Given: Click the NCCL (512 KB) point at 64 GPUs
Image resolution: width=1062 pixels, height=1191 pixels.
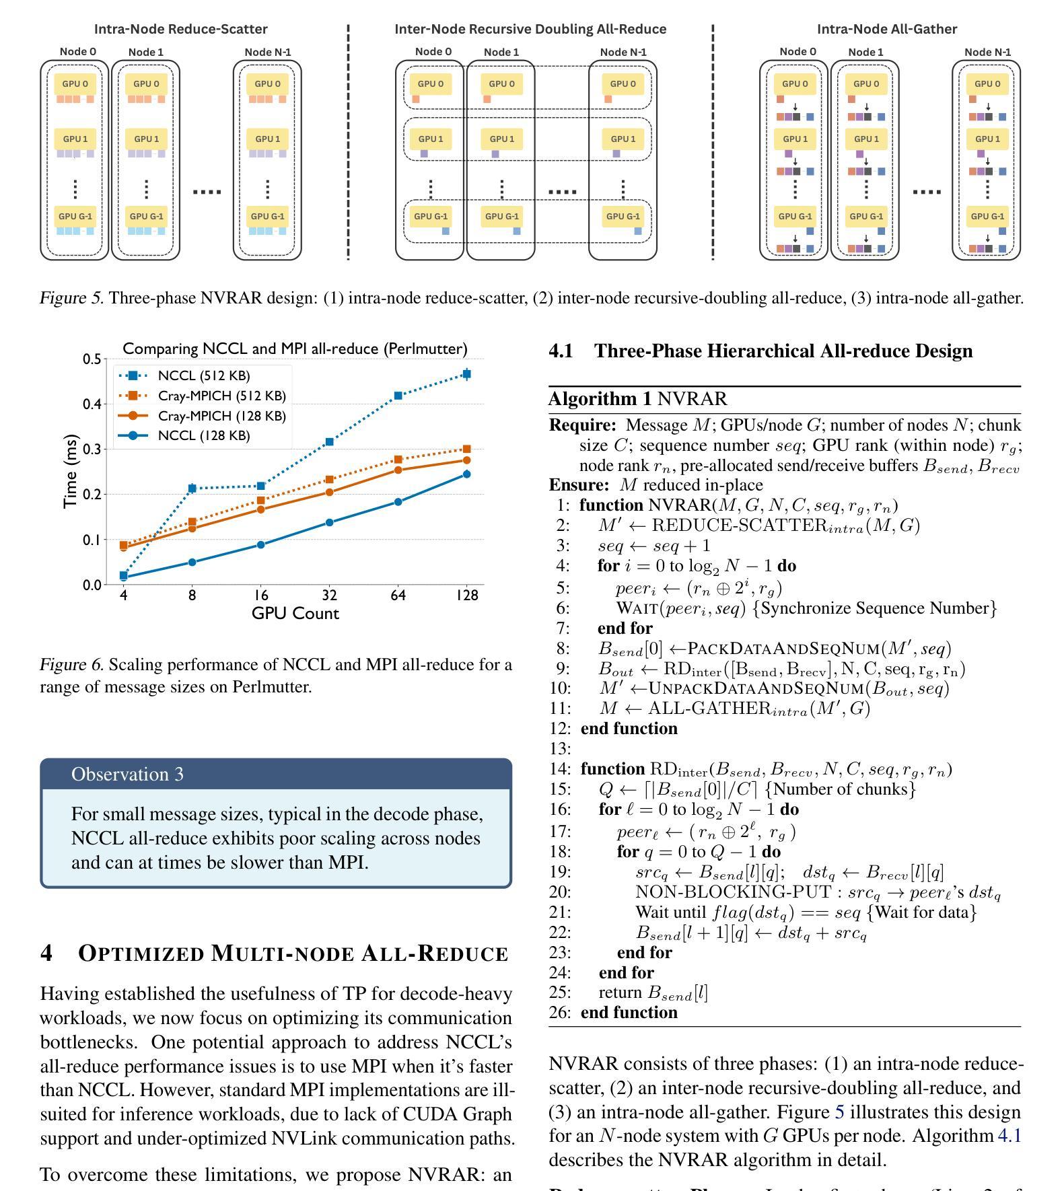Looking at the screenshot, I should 398,396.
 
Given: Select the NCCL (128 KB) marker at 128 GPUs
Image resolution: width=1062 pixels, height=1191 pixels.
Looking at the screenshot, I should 467,474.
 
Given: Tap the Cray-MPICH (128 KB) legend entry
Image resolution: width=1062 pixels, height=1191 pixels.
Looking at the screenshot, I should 221,416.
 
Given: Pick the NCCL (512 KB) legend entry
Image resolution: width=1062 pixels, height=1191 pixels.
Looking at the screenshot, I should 203,375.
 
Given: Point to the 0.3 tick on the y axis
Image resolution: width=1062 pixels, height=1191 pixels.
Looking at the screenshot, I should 92,449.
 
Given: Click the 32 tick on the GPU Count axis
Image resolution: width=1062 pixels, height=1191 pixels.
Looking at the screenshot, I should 329,595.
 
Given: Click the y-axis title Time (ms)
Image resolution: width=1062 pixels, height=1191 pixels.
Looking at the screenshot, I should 70,471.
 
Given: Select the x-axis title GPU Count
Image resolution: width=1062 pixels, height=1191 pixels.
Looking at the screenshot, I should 295,614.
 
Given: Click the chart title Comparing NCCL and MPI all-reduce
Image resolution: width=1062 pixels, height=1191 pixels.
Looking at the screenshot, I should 295,349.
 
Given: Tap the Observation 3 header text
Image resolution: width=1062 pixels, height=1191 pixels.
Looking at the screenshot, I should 127,774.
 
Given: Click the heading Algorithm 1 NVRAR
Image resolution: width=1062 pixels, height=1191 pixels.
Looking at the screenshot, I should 637,399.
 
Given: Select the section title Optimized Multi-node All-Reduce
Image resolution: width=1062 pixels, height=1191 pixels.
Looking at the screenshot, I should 293,953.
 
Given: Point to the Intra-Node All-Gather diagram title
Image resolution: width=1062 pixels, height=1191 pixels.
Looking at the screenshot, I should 886,29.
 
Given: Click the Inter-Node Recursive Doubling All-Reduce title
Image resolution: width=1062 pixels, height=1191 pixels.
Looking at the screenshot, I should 530,29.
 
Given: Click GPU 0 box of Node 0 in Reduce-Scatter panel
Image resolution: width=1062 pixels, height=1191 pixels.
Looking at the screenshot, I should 75,84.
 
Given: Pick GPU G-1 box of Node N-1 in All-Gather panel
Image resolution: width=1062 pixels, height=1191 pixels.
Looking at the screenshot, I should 987,217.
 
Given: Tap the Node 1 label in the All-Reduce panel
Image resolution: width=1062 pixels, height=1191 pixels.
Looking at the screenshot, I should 501,52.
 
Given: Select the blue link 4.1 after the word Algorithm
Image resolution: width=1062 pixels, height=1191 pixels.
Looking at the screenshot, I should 1009,1136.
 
